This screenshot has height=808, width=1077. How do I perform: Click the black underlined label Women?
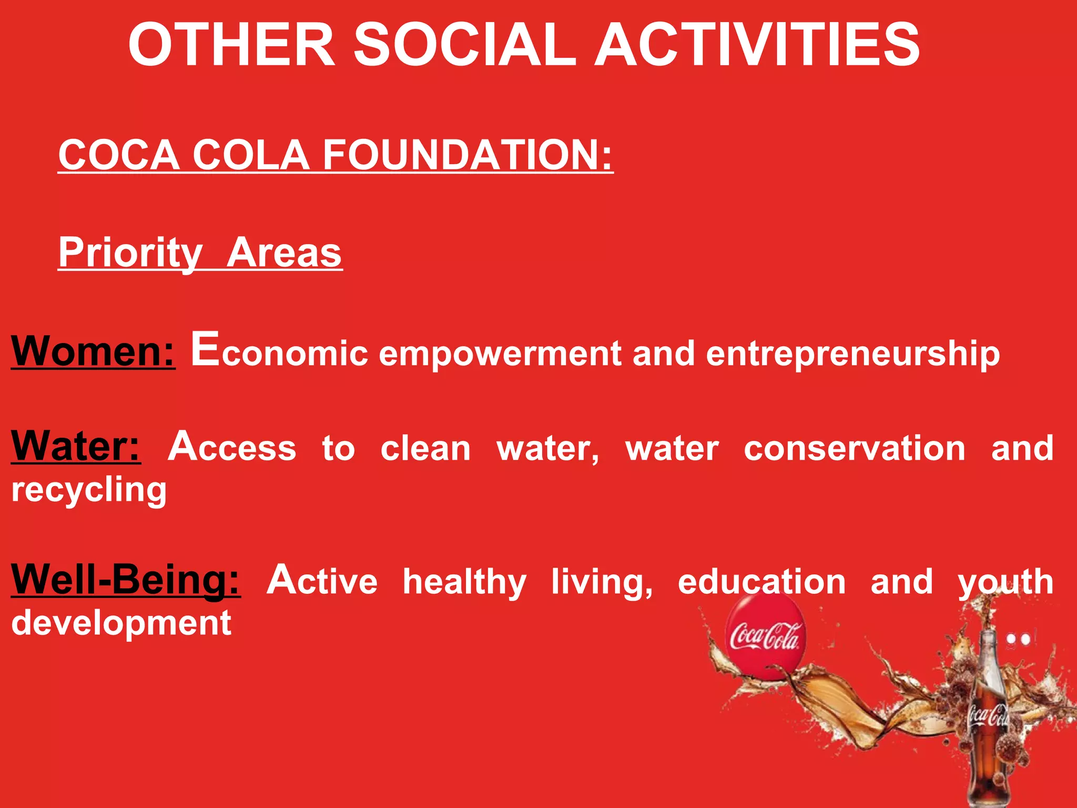point(93,351)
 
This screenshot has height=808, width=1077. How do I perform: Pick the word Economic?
point(279,351)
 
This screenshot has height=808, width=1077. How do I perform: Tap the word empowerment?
point(500,353)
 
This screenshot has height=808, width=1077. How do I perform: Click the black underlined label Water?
point(76,447)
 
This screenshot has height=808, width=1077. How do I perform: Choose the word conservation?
point(854,449)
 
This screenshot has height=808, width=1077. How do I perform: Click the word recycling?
point(89,490)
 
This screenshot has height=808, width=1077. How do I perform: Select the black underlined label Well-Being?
point(126,580)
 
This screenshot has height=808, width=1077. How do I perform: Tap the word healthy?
point(464,582)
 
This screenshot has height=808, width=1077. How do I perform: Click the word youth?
point(1005,582)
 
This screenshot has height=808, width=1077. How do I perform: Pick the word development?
point(121,624)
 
